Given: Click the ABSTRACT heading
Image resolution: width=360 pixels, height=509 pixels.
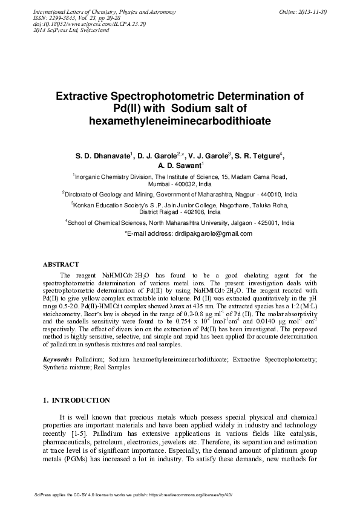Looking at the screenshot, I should point(61,264).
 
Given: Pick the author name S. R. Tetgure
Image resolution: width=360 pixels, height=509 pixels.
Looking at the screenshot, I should point(256,155).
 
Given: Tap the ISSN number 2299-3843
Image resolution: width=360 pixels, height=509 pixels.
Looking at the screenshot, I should point(68,18).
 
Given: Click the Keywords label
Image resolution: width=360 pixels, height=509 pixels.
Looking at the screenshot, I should point(58,359).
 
